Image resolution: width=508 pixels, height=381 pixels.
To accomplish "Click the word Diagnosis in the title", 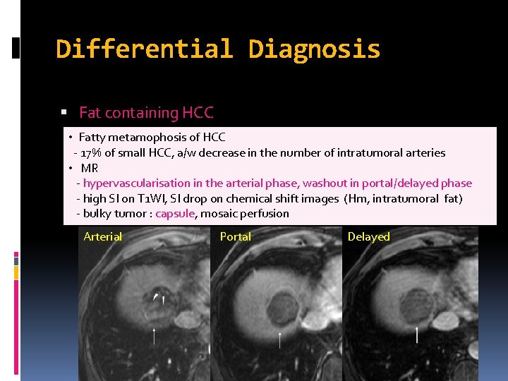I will tap(314, 49).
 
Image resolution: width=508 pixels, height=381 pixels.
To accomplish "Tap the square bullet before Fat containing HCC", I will tap(64, 113).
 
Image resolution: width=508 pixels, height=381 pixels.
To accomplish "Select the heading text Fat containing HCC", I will tap(146, 112).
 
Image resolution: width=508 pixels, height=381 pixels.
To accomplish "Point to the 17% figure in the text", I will tap(92, 152).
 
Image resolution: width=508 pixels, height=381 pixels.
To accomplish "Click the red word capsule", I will tap(174, 214).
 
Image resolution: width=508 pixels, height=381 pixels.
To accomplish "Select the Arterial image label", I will tap(103, 237).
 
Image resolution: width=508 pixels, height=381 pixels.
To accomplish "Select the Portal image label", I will tap(235, 237).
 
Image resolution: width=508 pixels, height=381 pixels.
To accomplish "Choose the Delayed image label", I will tap(368, 237).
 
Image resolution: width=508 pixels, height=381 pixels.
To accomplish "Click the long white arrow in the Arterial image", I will tap(155, 338).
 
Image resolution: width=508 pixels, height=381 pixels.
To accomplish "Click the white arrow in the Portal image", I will tap(280, 340).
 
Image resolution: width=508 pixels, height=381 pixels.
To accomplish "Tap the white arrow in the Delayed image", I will tap(416, 335).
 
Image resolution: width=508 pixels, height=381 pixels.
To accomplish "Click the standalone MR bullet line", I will tap(89, 168).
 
